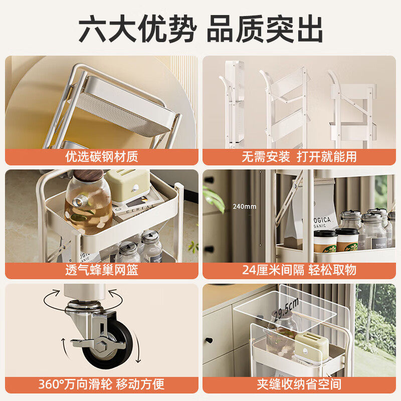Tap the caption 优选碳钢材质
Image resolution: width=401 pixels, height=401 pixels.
[x=101, y=156]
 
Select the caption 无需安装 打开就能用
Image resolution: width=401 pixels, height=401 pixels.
[x=299, y=156]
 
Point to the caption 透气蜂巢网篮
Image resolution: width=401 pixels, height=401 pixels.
[x=101, y=270]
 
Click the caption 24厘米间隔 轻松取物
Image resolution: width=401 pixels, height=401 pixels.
[x=299, y=270]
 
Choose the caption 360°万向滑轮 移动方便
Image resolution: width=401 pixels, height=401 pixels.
[x=101, y=384]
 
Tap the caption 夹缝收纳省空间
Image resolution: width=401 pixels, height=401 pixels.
[x=299, y=384]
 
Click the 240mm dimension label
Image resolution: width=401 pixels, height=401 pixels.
[x=244, y=207]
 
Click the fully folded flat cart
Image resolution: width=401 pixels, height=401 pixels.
[x=234, y=105]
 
